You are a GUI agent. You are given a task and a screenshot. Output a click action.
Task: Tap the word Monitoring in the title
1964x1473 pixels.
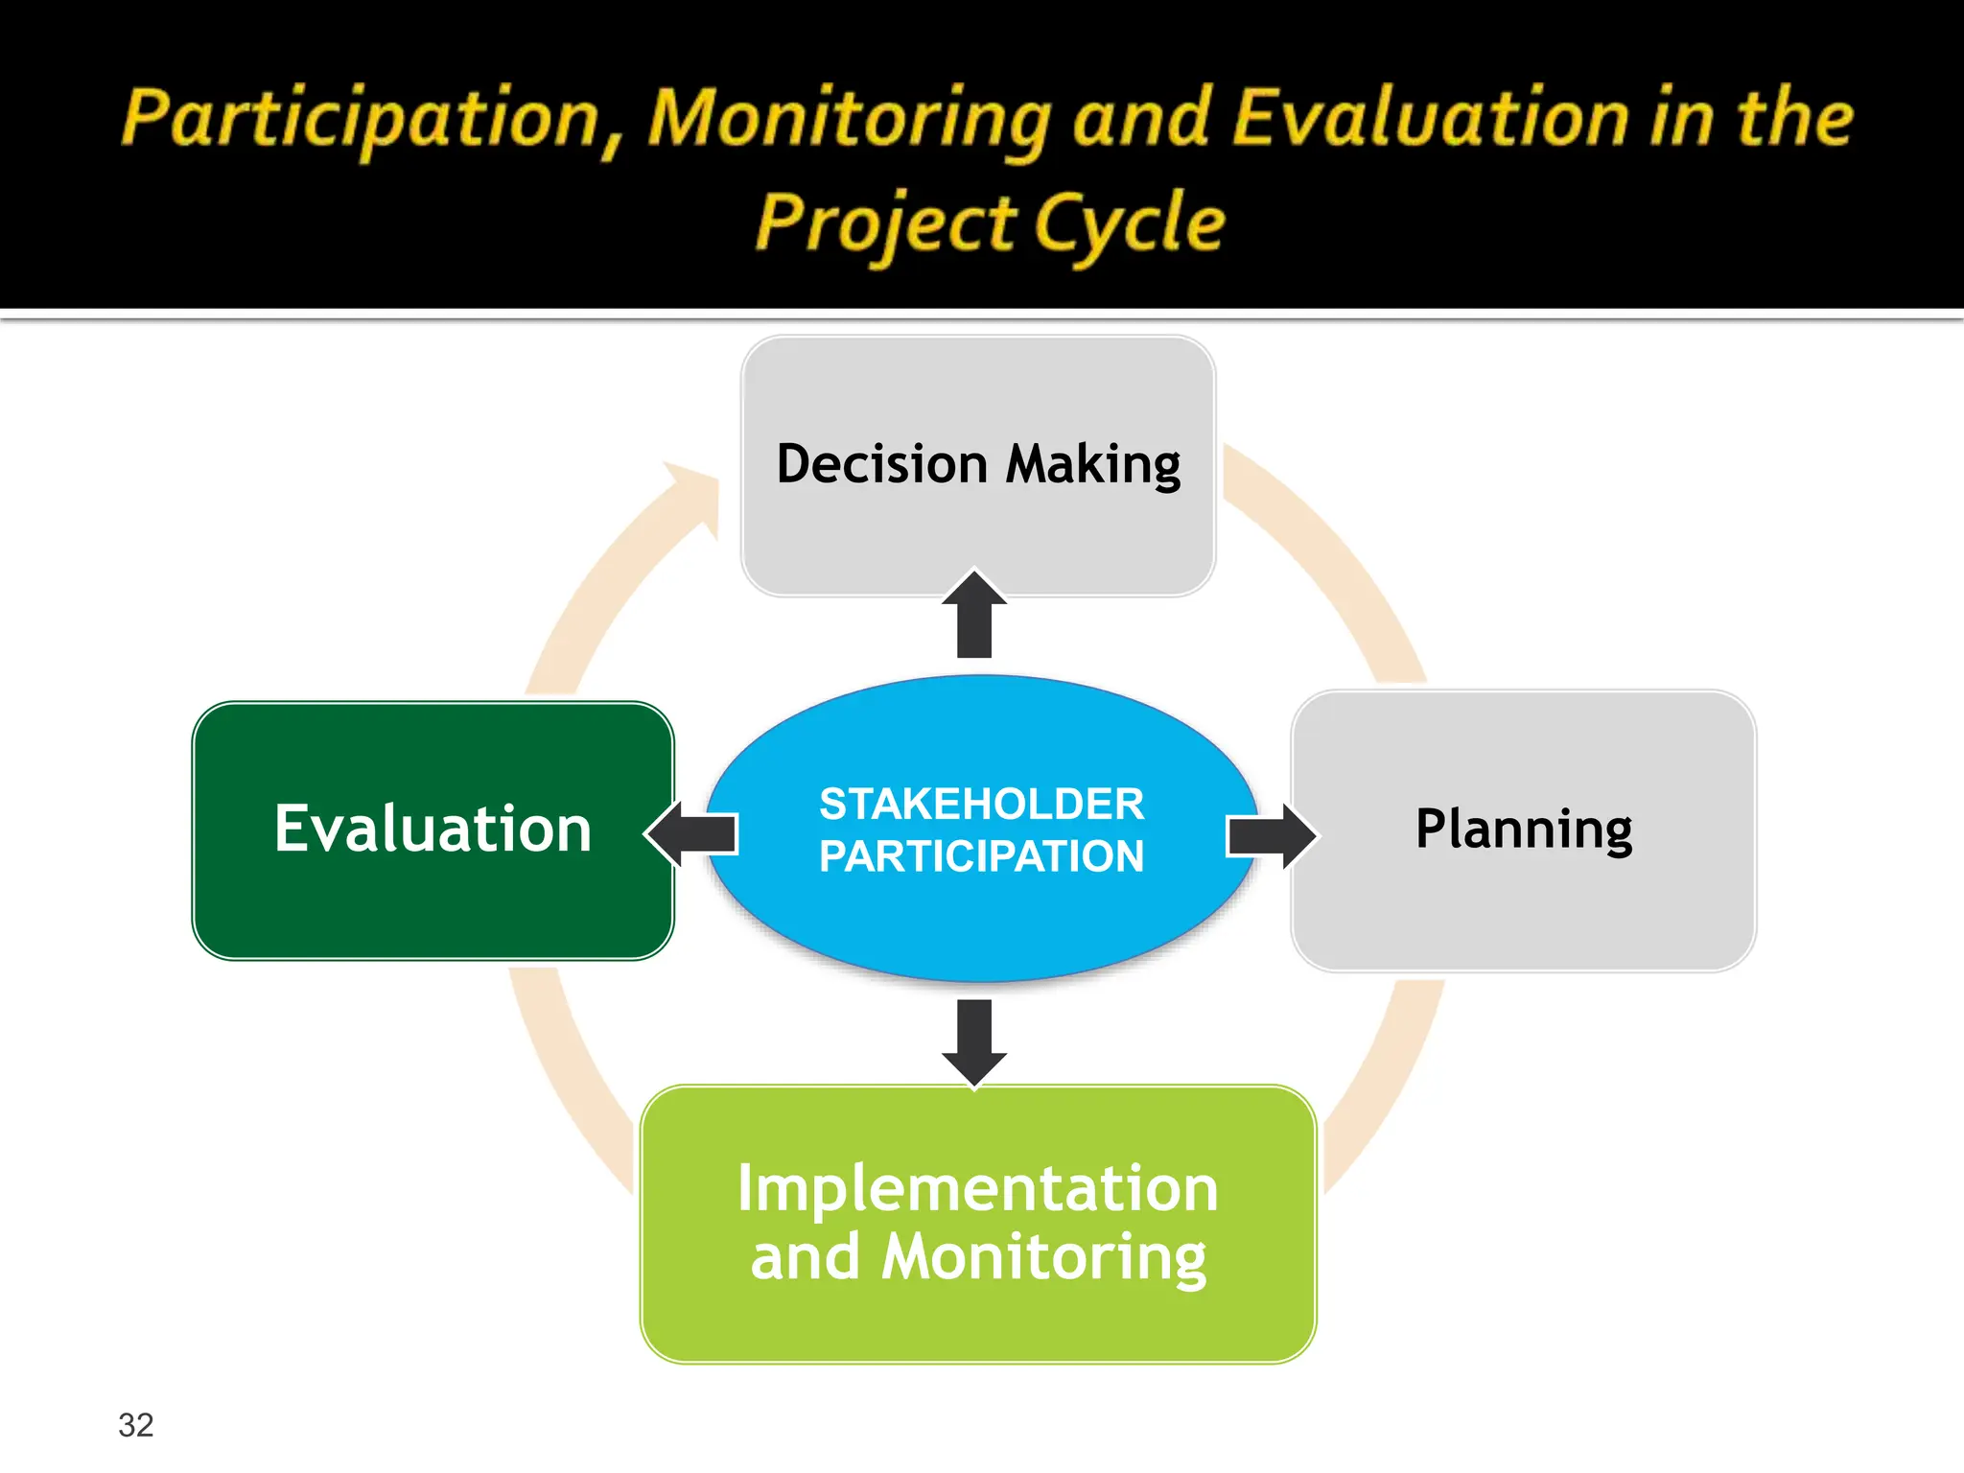850,120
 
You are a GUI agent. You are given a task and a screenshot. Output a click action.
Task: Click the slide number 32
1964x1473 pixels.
135,1425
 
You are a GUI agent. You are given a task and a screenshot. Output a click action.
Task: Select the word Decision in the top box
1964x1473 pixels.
881,465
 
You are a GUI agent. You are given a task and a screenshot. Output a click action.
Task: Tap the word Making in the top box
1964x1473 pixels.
1093,465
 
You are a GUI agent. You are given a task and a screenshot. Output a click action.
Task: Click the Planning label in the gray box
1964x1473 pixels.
1523,830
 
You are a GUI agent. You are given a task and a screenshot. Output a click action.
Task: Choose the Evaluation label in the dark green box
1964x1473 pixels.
433,830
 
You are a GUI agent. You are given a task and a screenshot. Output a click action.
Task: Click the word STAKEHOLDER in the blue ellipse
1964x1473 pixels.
981,804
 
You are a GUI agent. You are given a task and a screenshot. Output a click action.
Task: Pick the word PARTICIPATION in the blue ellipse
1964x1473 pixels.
981,856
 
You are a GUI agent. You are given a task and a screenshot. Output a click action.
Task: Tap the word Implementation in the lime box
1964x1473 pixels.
977,1188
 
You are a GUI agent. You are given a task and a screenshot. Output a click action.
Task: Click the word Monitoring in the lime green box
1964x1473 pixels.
1043,1257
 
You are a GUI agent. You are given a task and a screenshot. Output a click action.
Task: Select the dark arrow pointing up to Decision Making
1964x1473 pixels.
974,616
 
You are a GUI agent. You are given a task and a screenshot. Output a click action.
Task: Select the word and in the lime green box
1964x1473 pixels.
805,1257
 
